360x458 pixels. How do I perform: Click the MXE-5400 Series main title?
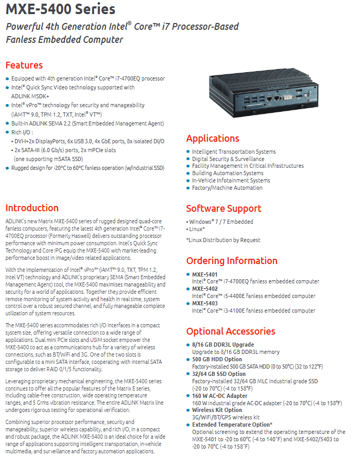coord(61,9)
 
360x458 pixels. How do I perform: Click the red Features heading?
coord(24,65)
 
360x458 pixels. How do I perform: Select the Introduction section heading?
coord(32,208)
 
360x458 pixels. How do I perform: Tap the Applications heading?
coord(213,139)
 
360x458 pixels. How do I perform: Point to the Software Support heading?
coord(224,209)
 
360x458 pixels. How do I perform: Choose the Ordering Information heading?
coord(232,261)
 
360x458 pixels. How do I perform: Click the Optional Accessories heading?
coord(230,331)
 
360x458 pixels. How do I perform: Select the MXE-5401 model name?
coord(205,274)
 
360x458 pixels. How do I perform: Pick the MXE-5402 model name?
coord(205,289)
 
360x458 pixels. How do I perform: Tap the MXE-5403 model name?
coord(205,303)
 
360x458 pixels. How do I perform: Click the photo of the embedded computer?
coord(263,93)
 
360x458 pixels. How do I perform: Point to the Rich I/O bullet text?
coord(22,132)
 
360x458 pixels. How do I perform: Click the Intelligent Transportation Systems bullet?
coord(234,152)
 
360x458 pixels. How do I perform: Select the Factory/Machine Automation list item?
coord(227,188)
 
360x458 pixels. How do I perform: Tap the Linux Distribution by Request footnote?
coord(223,240)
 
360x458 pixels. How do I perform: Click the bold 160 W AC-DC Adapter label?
coord(219,396)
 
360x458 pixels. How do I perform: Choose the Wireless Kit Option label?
coord(217,410)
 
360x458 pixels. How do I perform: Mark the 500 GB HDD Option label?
coord(217,359)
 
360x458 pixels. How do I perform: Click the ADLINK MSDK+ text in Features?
coord(30,96)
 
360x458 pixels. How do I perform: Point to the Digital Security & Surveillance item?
coord(228,159)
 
